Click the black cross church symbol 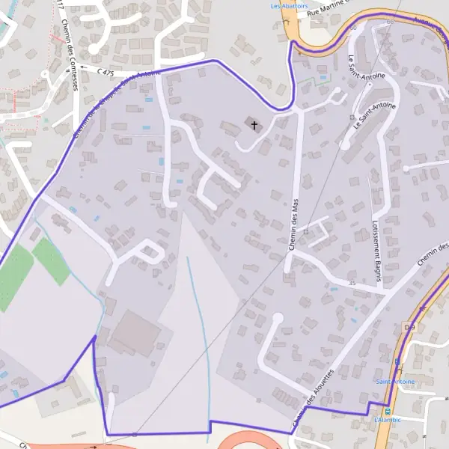pyautogui.click(x=254, y=124)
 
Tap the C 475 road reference pyautogui.click(x=106, y=72)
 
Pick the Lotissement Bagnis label pyautogui.click(x=378, y=250)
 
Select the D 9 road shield pyautogui.click(x=409, y=327)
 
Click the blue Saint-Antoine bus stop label pyautogui.click(x=395, y=382)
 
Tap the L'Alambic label pyautogui.click(x=388, y=420)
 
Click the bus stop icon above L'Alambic pyautogui.click(x=387, y=411)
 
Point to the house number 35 pyautogui.click(x=352, y=283)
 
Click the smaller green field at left pyautogui.click(x=51, y=260)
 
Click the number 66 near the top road pyautogui.click(x=390, y=22)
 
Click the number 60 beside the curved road pyautogui.click(x=353, y=28)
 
